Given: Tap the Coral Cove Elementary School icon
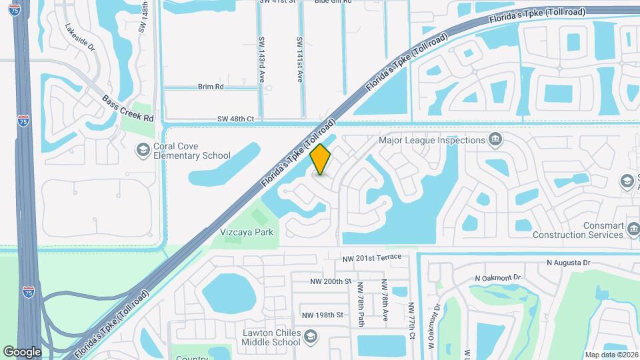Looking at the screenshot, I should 142,150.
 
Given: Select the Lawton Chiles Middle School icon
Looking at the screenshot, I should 310,337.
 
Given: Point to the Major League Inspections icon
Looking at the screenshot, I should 495,140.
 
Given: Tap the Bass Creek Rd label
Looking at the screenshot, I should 127,108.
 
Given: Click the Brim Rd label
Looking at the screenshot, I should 210,87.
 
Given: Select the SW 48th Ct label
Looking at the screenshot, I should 236,119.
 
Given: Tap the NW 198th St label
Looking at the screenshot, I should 322,315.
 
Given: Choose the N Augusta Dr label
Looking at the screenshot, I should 569,263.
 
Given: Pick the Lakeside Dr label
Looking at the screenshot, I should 81,39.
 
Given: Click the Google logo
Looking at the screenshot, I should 22,351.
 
